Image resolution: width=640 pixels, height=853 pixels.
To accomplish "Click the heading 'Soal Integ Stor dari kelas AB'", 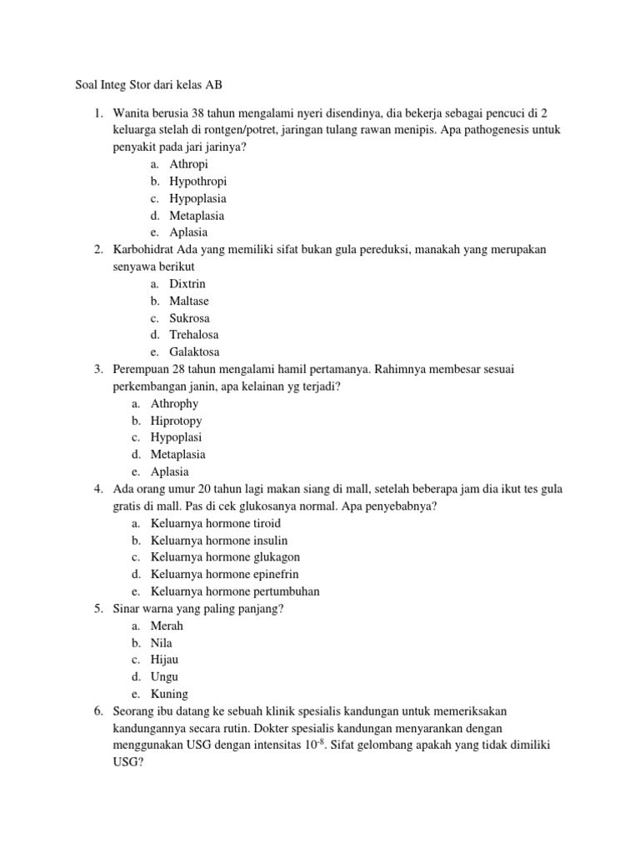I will click(143, 85).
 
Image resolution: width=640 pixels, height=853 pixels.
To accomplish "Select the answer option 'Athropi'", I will click(188, 164).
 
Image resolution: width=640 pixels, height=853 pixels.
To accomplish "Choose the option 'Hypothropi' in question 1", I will click(197, 182).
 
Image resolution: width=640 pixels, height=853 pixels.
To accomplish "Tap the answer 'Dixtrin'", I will click(187, 284).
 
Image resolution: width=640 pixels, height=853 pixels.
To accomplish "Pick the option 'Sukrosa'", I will click(189, 318).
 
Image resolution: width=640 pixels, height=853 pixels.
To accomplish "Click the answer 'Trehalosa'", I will click(194, 335).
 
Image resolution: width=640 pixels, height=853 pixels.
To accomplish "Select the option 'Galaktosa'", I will click(194, 352).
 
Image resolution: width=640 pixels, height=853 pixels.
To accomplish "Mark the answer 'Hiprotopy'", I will click(176, 421).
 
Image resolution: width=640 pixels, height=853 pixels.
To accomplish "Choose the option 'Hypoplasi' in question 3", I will click(176, 437).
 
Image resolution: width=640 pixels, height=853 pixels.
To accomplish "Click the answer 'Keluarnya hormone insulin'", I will click(216, 540).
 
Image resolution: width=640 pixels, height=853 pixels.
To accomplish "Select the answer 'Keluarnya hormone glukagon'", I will click(225, 557).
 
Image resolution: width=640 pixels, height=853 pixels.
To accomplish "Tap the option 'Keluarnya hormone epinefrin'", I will click(224, 574).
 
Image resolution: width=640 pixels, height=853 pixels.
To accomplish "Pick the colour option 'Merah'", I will click(167, 626).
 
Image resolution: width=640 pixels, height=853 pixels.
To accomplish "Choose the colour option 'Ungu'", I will click(164, 676).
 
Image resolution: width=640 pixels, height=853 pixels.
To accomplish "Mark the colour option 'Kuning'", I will click(169, 694).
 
